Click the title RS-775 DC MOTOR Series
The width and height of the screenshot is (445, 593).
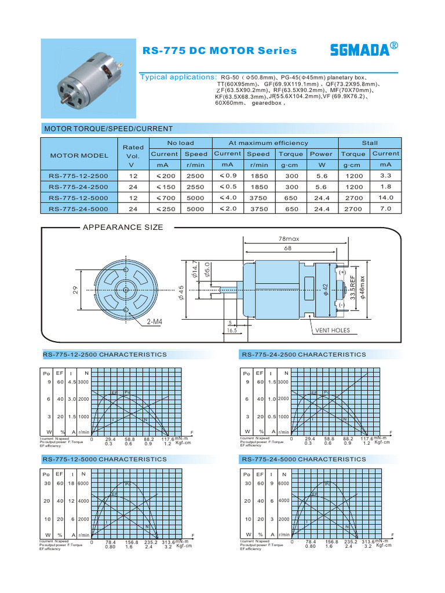tap(219, 51)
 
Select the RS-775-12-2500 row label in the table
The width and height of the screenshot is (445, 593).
tap(79, 175)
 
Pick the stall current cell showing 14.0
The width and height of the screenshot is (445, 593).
tap(386, 197)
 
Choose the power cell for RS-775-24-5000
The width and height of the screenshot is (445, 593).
tap(321, 209)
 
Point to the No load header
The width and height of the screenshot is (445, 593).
tap(181, 143)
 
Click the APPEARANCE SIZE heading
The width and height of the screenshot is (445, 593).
tap(123, 228)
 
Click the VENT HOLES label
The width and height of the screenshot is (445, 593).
tap(332, 331)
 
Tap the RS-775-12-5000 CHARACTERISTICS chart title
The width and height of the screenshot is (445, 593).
tap(104, 459)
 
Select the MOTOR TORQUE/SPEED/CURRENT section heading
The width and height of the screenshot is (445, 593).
tap(108, 129)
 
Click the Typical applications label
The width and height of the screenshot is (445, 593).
tap(178, 78)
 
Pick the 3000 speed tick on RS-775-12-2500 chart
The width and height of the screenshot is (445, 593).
tap(84, 382)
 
